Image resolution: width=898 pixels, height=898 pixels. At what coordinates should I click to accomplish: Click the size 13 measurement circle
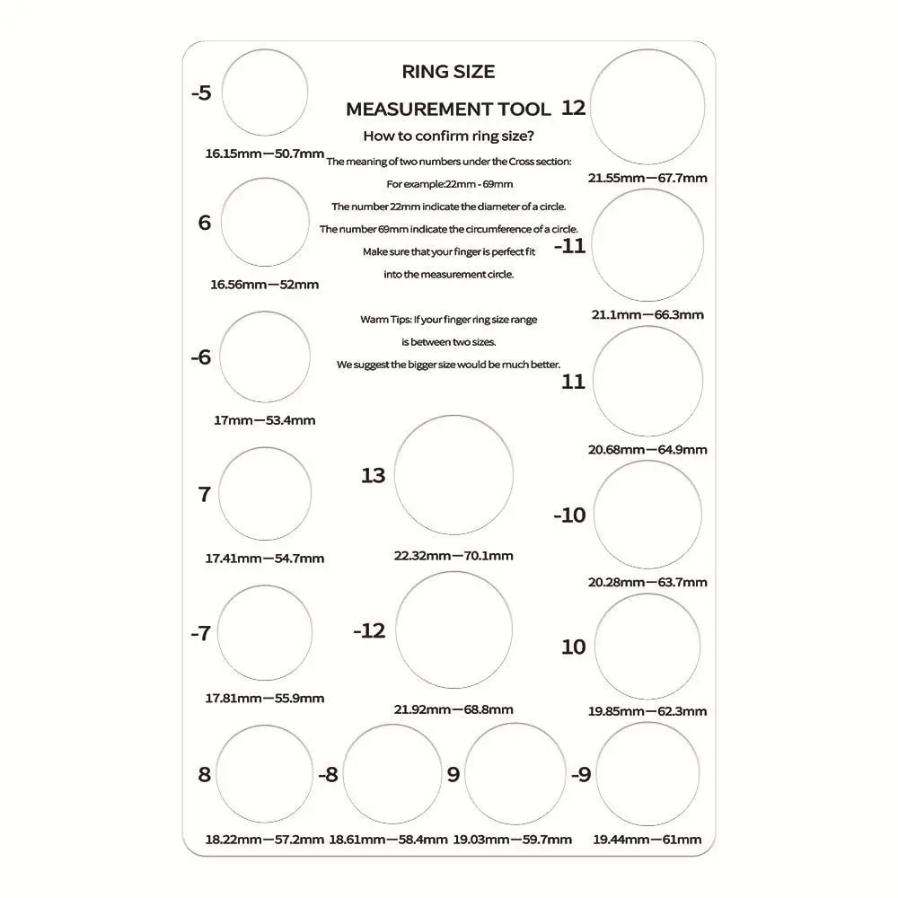pos(453,475)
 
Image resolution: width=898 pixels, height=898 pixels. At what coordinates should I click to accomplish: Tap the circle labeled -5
pos(264,93)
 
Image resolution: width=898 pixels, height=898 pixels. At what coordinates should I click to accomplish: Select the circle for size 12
pos(647,108)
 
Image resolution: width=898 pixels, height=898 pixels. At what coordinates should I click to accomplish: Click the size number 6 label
pos(205,223)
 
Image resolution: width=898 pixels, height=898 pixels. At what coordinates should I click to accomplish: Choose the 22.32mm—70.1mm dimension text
pos(453,556)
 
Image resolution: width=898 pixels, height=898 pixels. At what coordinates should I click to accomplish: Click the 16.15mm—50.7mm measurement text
pos(264,154)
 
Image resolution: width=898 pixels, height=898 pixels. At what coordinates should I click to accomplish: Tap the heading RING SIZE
pos(448,71)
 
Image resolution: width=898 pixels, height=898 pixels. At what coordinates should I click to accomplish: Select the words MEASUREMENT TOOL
pos(448,110)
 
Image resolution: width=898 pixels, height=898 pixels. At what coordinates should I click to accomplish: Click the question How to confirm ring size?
pos(448,136)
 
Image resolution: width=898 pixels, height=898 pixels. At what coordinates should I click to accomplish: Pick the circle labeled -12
pos(453,629)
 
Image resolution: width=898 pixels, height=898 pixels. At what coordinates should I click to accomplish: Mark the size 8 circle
pos(265,774)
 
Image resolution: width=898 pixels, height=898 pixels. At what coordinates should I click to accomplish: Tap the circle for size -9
pos(647,774)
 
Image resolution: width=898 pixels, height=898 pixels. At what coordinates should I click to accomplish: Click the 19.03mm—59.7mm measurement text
pos(512,840)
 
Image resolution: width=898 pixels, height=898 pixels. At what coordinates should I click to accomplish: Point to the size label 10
pos(573,647)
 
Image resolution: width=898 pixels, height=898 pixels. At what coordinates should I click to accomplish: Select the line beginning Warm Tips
pos(448,319)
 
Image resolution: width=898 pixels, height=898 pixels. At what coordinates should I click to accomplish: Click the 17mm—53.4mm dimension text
pos(264,420)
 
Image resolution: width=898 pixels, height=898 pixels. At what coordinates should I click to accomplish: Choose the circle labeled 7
pos(265,494)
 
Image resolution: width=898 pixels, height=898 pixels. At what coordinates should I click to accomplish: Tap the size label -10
pos(569,515)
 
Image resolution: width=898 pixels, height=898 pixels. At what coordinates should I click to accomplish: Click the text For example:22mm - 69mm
pos(449,184)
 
